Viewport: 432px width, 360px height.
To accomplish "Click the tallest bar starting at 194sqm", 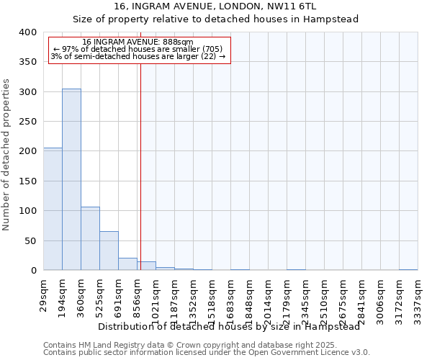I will (71, 179).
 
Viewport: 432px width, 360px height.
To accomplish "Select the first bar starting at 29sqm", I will (53, 209).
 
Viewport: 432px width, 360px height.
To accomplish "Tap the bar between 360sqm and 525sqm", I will (90, 238).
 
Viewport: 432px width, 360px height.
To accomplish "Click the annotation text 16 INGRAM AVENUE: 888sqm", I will (138, 42).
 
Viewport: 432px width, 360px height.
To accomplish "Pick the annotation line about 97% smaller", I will (138, 49).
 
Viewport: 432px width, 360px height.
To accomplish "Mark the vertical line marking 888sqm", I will (140, 166).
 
